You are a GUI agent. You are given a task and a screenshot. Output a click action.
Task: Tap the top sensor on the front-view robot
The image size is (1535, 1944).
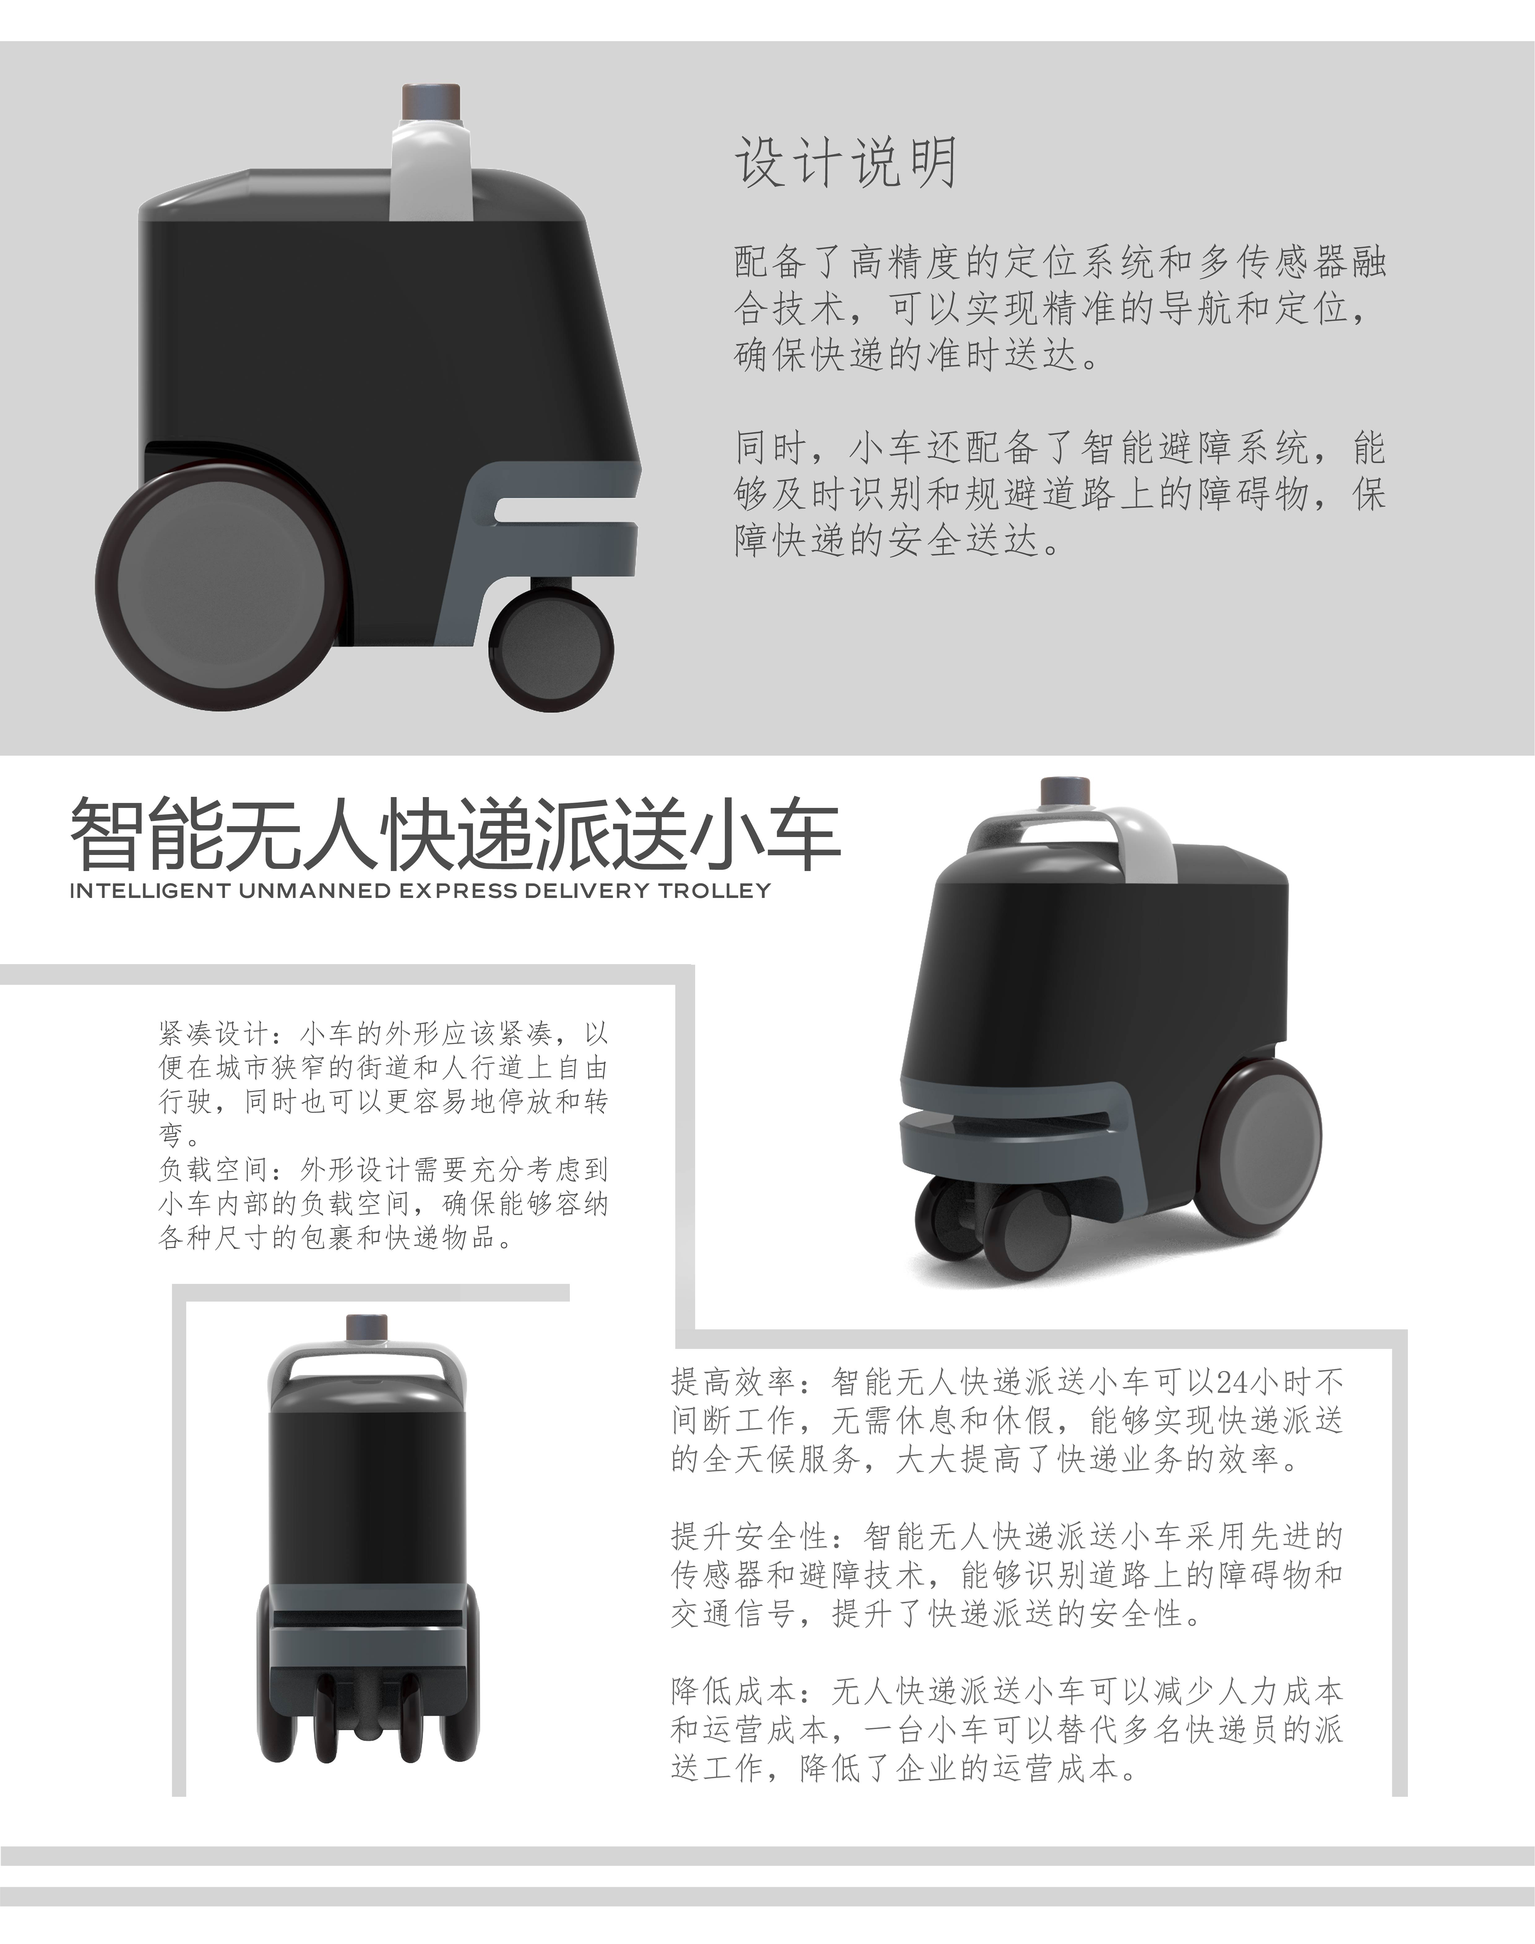367,1328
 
